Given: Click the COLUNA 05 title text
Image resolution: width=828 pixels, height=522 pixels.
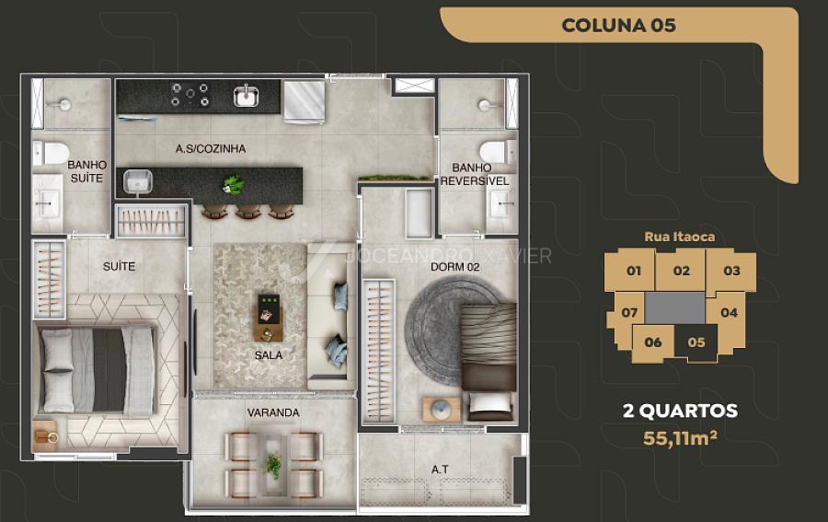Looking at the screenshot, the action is click(x=618, y=25).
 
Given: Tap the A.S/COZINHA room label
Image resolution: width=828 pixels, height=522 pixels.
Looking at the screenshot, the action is click(x=211, y=149).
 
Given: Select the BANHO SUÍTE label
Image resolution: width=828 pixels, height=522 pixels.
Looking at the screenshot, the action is click(x=87, y=172).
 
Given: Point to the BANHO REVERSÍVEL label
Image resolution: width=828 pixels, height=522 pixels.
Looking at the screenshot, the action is click(x=474, y=174).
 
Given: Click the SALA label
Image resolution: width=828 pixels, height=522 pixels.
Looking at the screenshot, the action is click(x=269, y=355).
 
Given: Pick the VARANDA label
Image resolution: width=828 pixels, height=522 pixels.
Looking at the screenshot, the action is click(x=273, y=412).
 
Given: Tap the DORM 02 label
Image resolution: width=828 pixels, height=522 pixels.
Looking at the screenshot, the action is click(x=454, y=267).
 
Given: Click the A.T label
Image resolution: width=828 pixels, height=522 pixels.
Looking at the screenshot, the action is click(x=440, y=470).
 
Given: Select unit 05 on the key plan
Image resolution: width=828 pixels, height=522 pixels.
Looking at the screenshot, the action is click(x=696, y=342).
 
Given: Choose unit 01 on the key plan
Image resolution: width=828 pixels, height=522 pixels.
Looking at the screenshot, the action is click(x=633, y=271).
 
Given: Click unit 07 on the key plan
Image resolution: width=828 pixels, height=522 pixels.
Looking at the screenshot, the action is click(x=629, y=313).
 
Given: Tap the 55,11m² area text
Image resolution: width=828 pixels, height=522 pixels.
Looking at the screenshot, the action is click(x=680, y=438).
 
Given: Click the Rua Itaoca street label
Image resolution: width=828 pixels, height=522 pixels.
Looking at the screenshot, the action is click(x=680, y=237).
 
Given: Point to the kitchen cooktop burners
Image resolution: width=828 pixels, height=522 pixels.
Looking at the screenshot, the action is click(x=190, y=94).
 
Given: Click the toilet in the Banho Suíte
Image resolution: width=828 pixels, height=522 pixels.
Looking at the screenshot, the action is click(x=51, y=153).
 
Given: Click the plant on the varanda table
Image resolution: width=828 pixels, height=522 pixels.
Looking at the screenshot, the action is click(x=273, y=466).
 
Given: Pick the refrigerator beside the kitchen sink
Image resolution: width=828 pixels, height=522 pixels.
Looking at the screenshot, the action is click(x=305, y=101).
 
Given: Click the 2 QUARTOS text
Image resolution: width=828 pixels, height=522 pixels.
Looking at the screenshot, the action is click(x=680, y=411).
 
